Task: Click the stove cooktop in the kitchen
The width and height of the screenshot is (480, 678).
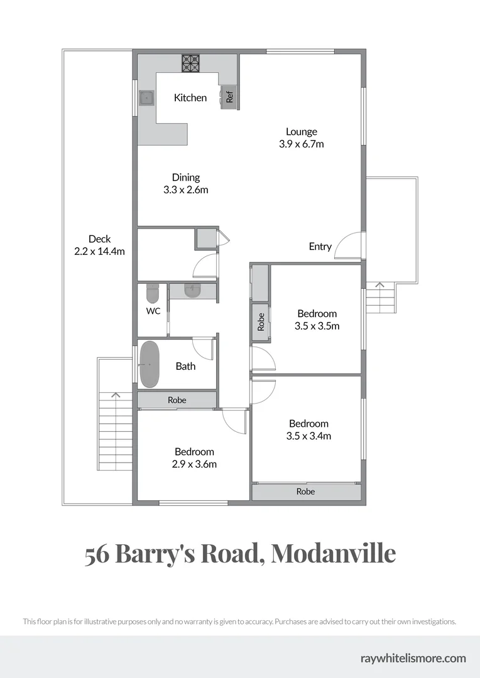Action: [x=190, y=63]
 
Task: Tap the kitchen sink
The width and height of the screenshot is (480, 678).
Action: [x=146, y=98]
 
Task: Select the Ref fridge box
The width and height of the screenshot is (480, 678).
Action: [x=229, y=97]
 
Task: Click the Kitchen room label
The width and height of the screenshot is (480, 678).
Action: [x=190, y=97]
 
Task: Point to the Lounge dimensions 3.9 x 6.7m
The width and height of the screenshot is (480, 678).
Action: [x=301, y=144]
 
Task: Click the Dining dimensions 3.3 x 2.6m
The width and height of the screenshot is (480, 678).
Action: [x=185, y=190]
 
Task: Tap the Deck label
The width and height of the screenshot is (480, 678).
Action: [x=99, y=239]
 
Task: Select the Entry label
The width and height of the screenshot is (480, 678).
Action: [x=320, y=246]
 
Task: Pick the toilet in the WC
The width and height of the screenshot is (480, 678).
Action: [x=153, y=293]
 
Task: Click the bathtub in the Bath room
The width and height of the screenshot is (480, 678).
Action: [x=150, y=365]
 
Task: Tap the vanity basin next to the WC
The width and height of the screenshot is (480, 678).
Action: [x=192, y=290]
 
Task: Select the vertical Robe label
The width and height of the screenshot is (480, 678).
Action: [x=261, y=322]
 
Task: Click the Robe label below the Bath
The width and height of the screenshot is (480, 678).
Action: [x=177, y=400]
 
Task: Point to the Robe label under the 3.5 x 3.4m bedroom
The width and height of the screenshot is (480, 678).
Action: [x=305, y=492]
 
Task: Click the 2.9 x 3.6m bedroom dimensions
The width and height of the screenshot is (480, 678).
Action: [x=194, y=464]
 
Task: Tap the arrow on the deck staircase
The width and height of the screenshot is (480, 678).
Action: [x=115, y=395]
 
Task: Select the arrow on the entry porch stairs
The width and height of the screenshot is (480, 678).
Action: [x=379, y=285]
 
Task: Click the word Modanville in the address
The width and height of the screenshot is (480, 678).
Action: [x=334, y=554]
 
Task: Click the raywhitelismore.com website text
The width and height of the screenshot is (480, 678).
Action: [x=413, y=658]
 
